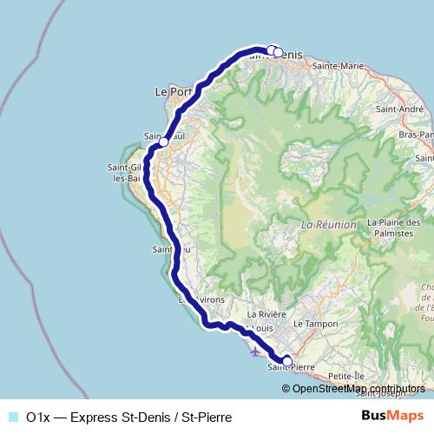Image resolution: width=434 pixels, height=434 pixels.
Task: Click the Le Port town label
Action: coord(171,90)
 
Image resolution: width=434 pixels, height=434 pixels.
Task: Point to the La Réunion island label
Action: coord(328,224)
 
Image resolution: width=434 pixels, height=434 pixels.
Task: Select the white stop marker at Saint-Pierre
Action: coord(287,362)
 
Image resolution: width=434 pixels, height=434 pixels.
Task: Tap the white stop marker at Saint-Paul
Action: coord(164,142)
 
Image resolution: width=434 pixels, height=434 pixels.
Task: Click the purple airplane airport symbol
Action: coord(253,352)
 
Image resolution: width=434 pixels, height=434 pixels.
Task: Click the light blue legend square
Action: coord(14,418)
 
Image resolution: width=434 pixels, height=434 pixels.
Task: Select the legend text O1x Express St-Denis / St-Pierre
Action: coord(128,418)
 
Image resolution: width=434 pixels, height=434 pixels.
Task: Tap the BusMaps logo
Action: coord(392,417)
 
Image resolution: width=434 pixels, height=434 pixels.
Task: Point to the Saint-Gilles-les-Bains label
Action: coord(123,173)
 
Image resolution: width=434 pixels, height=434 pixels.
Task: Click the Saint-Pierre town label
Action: coord(291,367)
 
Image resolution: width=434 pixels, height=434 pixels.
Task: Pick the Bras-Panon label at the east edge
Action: coord(417,135)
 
